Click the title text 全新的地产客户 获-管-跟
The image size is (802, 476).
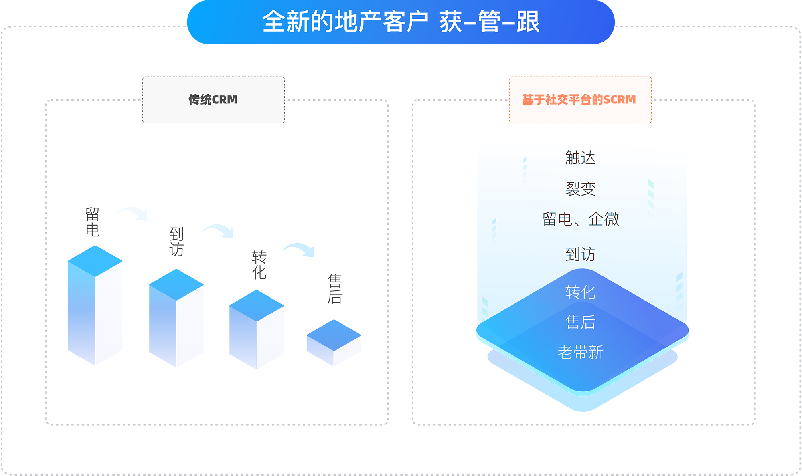pos(401,22)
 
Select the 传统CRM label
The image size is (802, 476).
pos(213,99)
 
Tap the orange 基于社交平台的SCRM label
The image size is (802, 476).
pos(579,99)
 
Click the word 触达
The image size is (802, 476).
pos(580,158)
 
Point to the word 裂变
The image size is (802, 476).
pos(580,189)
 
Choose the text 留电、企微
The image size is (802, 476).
pos(580,219)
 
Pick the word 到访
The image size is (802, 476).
pos(580,254)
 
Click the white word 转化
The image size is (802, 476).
pos(580,292)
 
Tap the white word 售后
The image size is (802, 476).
pos(580,322)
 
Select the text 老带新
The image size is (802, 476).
pos(580,352)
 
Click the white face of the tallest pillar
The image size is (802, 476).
pos(115,329)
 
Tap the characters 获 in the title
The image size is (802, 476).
pos(451,22)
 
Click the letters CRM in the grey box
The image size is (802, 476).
pos(225,99)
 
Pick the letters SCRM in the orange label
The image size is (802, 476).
pos(620,99)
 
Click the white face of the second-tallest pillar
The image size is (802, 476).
pos(196,341)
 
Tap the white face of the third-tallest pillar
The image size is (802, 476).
pos(277,351)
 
